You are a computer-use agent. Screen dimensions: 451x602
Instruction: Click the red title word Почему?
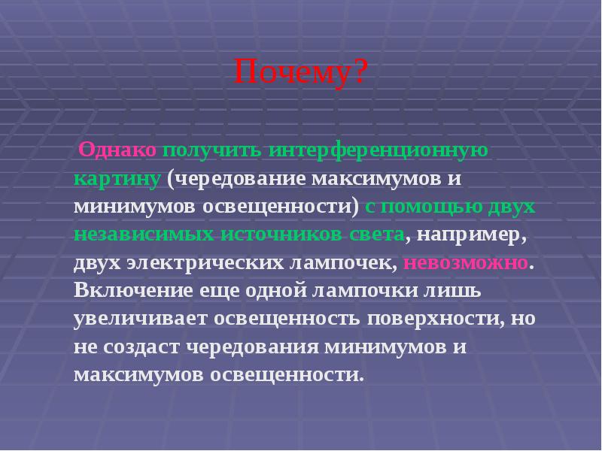[301, 73]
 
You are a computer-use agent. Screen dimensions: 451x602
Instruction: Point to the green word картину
[117, 179]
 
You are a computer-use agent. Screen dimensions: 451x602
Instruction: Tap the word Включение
[127, 290]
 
